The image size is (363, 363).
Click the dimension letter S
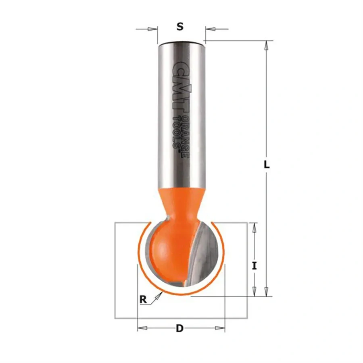[x=180, y=27]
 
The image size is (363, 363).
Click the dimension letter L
[x=266, y=165]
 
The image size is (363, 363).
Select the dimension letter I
[x=254, y=266]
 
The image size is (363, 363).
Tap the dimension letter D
[x=180, y=329]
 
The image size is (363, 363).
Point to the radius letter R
[x=143, y=299]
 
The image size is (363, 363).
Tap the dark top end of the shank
[x=181, y=42]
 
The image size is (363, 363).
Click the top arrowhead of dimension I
[x=254, y=228]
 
